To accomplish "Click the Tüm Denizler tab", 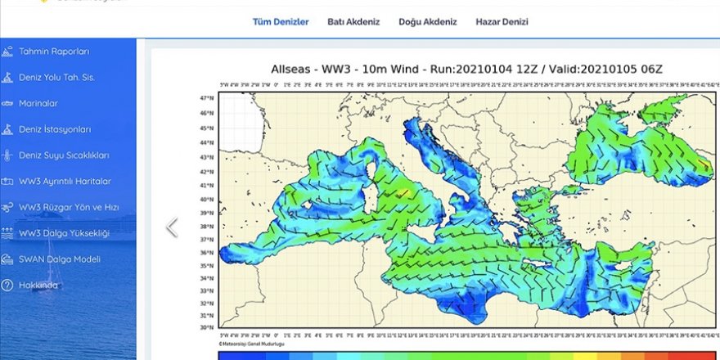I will [x=280, y=22].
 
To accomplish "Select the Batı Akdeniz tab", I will [x=353, y=22].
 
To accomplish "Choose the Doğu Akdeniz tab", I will [x=427, y=22].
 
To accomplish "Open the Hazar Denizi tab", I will [x=502, y=22].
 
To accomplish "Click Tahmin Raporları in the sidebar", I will [x=54, y=52].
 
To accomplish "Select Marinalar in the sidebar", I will [x=38, y=104].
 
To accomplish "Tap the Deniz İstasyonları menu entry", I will [x=55, y=129].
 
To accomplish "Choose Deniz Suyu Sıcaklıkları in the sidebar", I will [x=64, y=155].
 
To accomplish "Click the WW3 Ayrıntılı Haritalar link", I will [x=65, y=182].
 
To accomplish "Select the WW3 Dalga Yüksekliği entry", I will [x=64, y=233].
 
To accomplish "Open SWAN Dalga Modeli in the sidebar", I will [x=60, y=259].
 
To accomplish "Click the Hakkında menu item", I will [x=38, y=286].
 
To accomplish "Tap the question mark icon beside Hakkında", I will [x=7, y=286].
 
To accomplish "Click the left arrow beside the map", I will [x=172, y=227].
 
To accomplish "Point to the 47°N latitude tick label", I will [x=208, y=97].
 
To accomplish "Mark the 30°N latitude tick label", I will [x=208, y=327].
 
